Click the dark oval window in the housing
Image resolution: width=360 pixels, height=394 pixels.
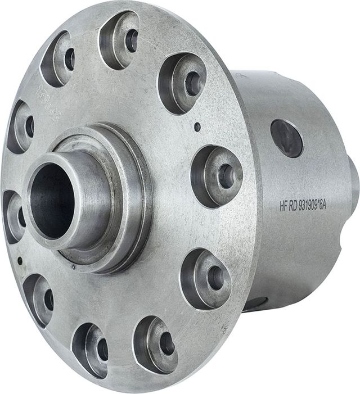click(286, 137)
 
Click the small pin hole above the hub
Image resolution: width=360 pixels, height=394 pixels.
click(197, 127)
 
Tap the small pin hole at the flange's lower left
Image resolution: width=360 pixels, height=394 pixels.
click(20, 261)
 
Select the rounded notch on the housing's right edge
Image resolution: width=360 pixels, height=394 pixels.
click(344, 248)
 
